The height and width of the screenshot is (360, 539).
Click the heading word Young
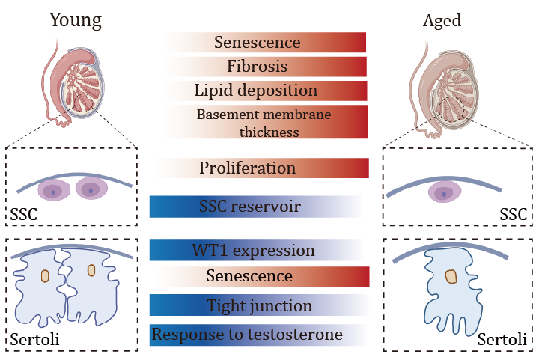pyautogui.click(x=75, y=20)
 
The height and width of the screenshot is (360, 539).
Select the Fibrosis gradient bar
pyautogui.click(x=258, y=67)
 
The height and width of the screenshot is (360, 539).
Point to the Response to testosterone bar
pyautogui.click(x=248, y=335)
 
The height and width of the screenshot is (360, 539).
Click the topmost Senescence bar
pyautogui.click(x=258, y=43)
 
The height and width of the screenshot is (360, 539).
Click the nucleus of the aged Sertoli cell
pyautogui.click(x=451, y=277)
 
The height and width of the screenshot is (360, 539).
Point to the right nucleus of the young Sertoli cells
pyautogui.click(x=91, y=269)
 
